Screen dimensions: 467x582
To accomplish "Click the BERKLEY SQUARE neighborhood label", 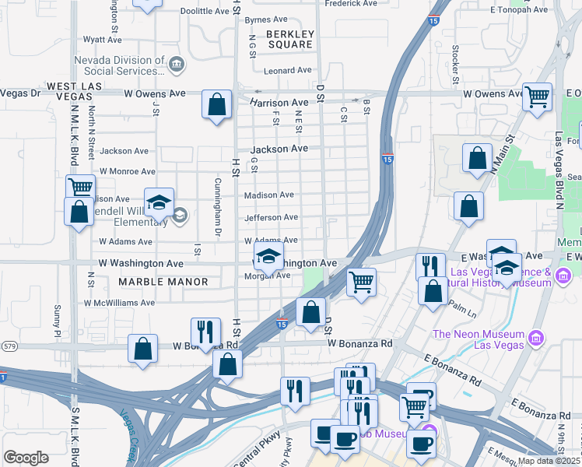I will pos(289,39).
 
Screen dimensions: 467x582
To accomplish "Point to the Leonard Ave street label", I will pos(287,70).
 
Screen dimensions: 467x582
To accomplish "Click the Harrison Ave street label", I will pos(279,103).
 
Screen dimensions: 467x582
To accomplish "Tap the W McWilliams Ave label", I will pos(120,302).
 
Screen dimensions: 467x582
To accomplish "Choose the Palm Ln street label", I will pos(461,310).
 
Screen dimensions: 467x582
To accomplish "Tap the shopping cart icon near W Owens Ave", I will pos(537,97).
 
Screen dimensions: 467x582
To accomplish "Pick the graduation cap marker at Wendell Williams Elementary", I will pos(159,204).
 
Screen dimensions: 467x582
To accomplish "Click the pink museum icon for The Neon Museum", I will pos(535,338).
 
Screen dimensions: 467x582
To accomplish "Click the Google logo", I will pos(26,458).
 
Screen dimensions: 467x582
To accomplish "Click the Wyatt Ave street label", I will pos(103,38).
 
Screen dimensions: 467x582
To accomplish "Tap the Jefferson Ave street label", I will pos(271,218).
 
